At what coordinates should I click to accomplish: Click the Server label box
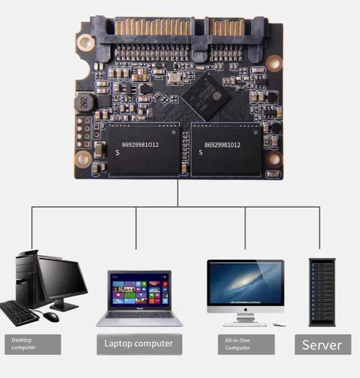[x=322, y=345]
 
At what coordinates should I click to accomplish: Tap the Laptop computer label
[x=138, y=343]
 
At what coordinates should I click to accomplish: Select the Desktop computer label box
[x=33, y=344]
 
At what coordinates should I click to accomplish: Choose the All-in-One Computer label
[x=246, y=344]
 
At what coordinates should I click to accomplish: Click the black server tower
[x=322, y=292]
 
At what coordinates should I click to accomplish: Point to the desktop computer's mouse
[x=51, y=317]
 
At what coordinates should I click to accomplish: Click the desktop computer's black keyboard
[x=19, y=313]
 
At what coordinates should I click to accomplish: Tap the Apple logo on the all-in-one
[x=245, y=308]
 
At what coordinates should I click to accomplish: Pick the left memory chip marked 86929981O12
[x=144, y=150]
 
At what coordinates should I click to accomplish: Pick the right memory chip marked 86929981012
[x=226, y=150]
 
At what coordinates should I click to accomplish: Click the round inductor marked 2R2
[x=82, y=102]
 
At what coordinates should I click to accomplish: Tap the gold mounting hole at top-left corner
[x=85, y=40]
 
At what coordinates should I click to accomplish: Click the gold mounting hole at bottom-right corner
[x=274, y=160]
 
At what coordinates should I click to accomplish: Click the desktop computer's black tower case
[x=26, y=278]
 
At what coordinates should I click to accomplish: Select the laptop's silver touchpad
[x=138, y=321]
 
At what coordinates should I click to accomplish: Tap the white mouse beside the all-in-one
[x=279, y=325]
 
